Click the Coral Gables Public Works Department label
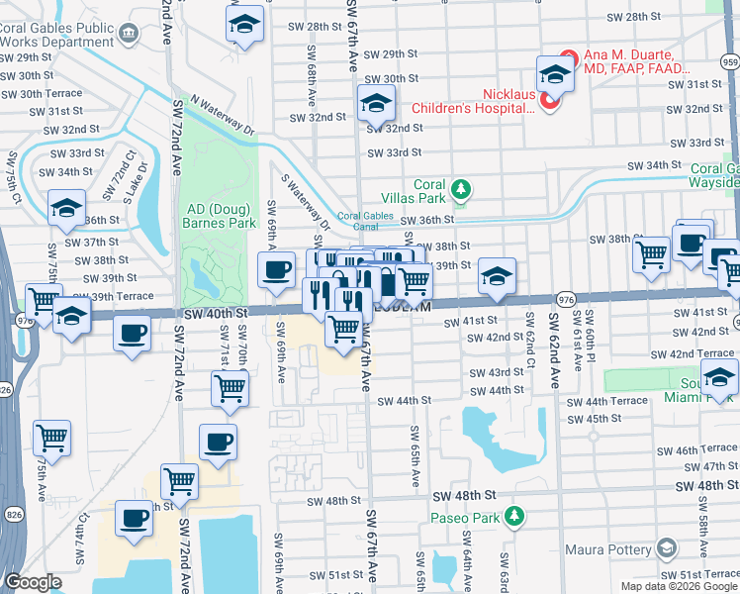click(54, 36)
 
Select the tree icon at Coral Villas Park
click(459, 188)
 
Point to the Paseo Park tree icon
click(512, 517)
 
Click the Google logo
click(33, 582)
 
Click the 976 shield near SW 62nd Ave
click(566, 299)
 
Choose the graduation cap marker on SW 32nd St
click(376, 103)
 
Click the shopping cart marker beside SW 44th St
click(230, 389)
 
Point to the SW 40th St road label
click(214, 313)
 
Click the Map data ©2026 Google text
click(678, 586)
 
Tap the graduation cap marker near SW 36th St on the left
click(66, 208)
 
